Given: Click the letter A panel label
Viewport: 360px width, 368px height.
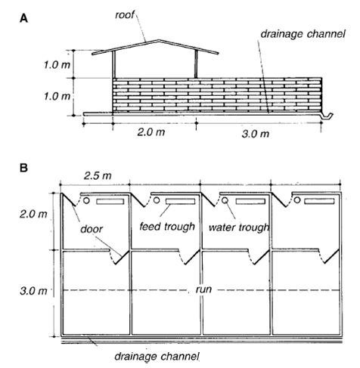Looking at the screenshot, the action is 23,18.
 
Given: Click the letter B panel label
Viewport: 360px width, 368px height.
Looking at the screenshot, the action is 23,168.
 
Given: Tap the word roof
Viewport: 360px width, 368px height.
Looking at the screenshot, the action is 125,15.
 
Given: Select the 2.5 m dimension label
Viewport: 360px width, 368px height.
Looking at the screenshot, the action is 98,175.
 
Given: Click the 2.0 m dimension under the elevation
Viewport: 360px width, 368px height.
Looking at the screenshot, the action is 151,131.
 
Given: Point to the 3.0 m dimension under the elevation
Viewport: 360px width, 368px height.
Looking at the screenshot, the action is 256,134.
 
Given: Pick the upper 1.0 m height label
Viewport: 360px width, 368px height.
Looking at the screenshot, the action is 57,65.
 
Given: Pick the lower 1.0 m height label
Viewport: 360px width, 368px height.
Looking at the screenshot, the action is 57,96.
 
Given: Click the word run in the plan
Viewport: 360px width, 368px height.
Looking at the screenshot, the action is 203,289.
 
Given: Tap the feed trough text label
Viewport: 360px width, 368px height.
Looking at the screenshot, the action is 167,227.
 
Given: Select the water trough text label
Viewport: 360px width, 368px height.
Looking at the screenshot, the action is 239,227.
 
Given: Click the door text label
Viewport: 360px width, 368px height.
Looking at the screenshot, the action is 92,229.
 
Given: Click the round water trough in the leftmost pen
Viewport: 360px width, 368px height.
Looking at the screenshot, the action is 86,200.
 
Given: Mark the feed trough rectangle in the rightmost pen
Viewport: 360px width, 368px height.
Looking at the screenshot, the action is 319,201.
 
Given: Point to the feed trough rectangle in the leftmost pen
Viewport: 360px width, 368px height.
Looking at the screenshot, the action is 110,202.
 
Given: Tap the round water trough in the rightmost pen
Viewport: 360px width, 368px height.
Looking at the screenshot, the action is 297,200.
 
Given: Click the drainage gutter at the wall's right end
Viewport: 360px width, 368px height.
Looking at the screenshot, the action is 327,116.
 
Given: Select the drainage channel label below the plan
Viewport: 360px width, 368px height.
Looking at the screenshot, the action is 157,356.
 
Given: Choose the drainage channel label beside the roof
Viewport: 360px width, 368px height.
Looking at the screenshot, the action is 303,34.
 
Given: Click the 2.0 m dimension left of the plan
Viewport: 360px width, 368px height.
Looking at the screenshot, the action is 33,214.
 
